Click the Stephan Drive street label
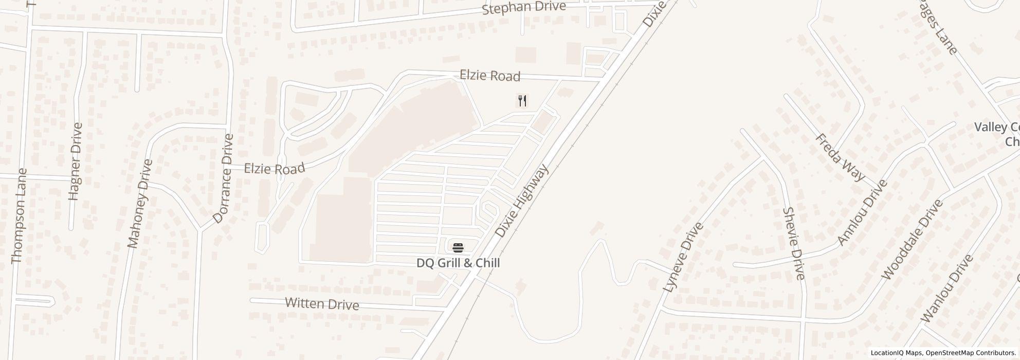(523, 8)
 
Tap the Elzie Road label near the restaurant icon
(489, 76)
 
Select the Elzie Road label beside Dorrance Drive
(274, 168)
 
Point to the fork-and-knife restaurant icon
(522, 100)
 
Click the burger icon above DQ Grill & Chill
(458, 247)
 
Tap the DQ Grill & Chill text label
(458, 263)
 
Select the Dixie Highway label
(521, 201)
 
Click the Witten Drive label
(322, 304)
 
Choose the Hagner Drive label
(75, 161)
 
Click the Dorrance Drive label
(223, 178)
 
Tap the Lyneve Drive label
(683, 257)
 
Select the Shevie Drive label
(793, 243)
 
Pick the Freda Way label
(840, 157)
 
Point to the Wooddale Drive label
(912, 239)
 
